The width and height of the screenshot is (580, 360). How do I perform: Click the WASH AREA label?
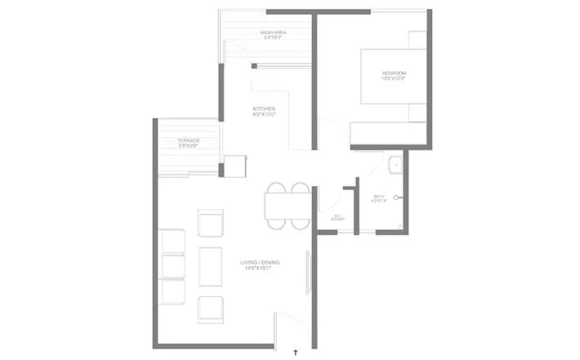[273, 33]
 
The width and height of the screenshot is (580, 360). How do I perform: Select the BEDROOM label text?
[394, 74]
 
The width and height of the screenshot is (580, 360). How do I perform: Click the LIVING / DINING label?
[261, 262]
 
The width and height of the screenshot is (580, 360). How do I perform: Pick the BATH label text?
[378, 196]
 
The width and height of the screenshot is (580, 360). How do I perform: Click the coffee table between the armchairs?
[212, 264]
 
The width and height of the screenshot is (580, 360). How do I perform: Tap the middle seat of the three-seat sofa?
[173, 267]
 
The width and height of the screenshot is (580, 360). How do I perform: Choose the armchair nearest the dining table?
[212, 223]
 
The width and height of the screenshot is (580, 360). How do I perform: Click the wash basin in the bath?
[395, 163]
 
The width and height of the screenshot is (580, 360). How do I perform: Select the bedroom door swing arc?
[328, 131]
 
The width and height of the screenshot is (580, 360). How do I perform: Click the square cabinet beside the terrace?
[235, 166]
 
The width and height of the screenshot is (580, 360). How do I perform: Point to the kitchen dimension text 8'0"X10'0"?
[263, 115]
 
